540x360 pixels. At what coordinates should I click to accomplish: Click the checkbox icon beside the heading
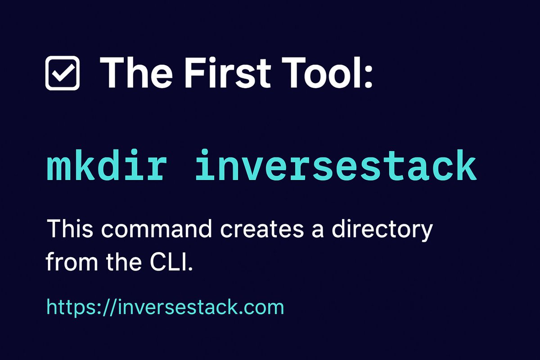[63, 73]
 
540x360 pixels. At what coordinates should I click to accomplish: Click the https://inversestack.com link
[165, 307]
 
